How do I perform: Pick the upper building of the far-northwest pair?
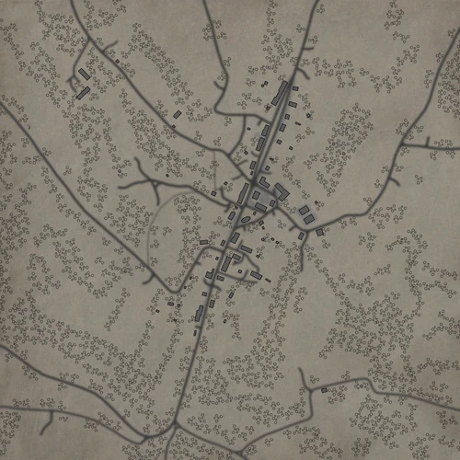coord(83,73)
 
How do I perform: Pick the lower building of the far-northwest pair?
coord(82,92)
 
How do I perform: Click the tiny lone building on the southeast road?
coord(324,391)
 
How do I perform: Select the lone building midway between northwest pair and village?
coord(178,114)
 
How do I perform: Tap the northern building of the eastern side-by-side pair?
coord(304,211)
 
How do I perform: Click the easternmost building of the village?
coord(320,232)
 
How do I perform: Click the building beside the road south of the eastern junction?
coord(301,236)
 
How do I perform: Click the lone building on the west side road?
coord(171,303)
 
